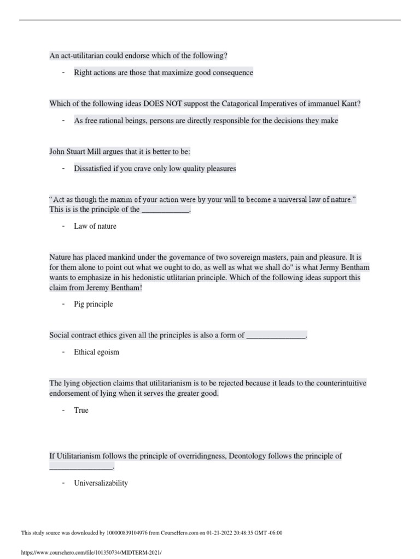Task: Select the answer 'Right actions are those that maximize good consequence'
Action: click(x=164, y=73)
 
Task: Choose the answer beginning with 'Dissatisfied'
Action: click(x=155, y=169)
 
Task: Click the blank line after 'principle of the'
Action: click(x=166, y=210)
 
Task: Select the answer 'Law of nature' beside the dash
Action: click(x=95, y=226)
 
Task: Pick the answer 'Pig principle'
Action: click(x=94, y=304)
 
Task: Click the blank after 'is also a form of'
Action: click(x=276, y=335)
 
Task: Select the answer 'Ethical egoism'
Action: click(x=96, y=352)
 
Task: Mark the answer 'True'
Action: click(x=81, y=410)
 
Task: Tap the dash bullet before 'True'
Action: click(x=63, y=410)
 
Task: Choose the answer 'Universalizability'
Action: click(x=101, y=483)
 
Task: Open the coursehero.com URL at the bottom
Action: click(x=91, y=552)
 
